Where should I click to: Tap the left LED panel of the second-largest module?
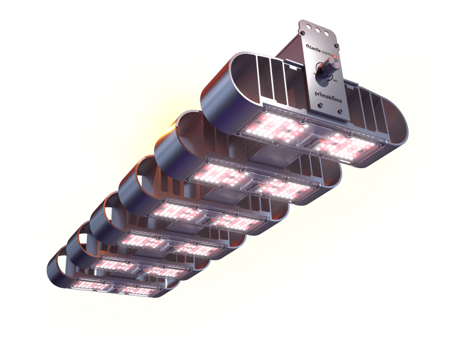(x=215, y=174)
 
